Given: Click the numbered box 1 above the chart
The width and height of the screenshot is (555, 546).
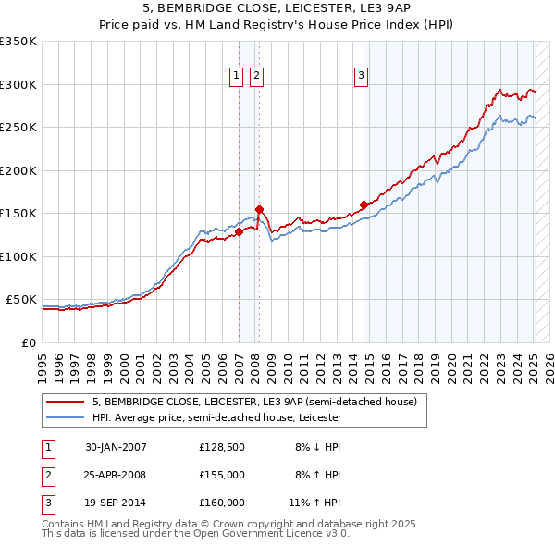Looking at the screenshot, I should click(x=237, y=77).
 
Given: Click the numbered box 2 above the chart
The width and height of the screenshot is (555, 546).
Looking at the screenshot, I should click(x=256, y=77).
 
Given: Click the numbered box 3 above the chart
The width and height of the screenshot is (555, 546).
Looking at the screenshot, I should click(x=361, y=77).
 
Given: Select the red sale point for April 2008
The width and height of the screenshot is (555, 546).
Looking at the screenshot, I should click(x=259, y=209).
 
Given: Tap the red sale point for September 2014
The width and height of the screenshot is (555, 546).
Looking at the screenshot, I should click(x=364, y=205).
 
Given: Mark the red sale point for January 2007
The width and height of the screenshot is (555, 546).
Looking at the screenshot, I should click(x=239, y=232).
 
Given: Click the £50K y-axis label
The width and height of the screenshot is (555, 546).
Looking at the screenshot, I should click(x=21, y=300).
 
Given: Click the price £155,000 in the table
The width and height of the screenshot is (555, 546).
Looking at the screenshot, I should click(x=221, y=474).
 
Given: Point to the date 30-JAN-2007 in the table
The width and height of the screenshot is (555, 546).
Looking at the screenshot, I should click(x=116, y=447).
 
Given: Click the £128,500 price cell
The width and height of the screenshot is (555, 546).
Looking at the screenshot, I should click(x=221, y=447).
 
